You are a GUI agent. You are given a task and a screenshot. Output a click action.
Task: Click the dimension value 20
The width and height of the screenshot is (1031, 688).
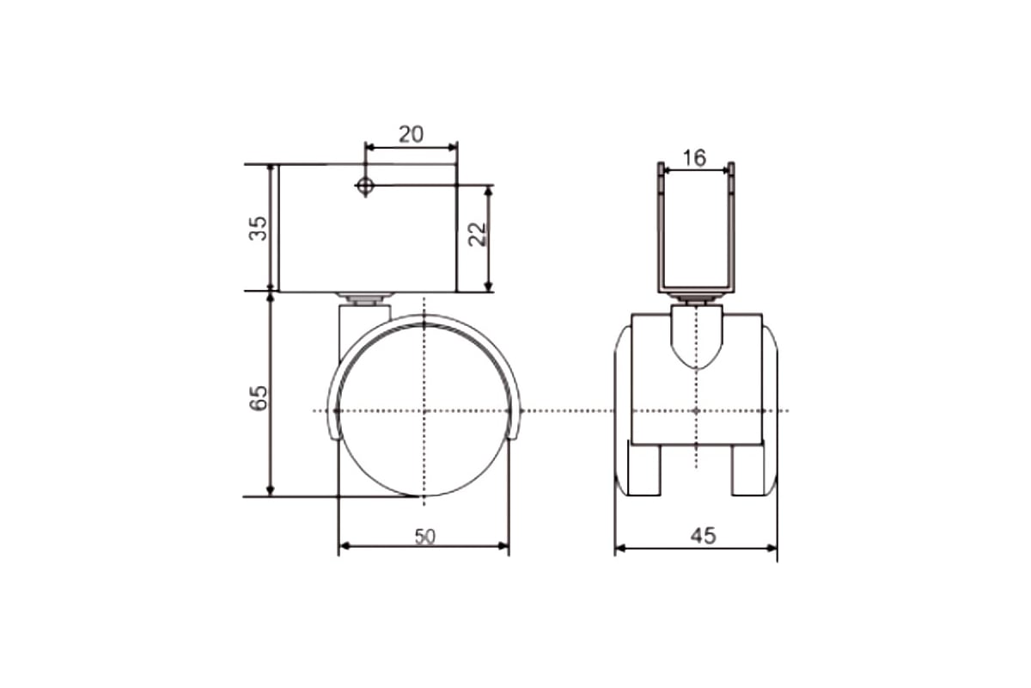click(x=411, y=133)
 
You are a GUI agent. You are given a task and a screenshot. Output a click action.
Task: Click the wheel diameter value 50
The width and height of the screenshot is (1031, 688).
click(x=425, y=536)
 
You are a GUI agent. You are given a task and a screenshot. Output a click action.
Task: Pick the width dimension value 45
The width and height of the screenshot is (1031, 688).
click(x=703, y=536)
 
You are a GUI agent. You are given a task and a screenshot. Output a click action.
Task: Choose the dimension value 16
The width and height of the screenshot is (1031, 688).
click(x=694, y=157)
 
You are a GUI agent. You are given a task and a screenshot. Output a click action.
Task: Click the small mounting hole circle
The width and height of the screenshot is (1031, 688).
click(x=365, y=185)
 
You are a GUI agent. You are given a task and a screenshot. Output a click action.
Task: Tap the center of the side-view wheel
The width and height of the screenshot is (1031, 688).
click(x=424, y=410)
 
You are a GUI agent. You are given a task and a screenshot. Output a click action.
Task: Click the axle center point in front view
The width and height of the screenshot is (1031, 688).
click(x=695, y=410)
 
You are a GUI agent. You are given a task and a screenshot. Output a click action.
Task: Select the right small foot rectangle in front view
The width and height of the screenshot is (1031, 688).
click(x=747, y=469)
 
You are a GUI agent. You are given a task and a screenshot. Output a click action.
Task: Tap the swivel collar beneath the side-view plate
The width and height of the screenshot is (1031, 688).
click(x=365, y=299)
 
